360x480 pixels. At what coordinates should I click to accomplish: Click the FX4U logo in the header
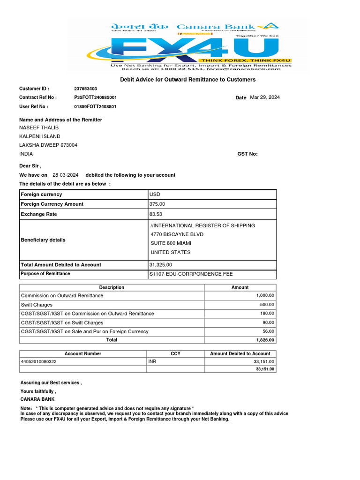tap(187, 48)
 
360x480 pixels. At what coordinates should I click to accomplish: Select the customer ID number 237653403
tap(86, 89)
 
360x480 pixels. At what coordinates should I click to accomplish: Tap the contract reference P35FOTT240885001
tap(96, 97)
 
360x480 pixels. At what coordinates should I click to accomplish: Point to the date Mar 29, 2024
tap(265, 97)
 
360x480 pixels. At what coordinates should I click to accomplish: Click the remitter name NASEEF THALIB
tap(39, 128)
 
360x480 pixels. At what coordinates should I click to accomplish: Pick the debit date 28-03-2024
tap(66, 175)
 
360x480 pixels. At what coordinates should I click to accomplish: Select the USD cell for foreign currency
tap(155, 195)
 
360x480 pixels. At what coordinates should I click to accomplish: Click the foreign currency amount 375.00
tap(157, 204)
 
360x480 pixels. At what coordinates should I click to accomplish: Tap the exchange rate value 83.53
tap(156, 214)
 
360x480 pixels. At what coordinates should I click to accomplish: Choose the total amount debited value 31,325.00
tap(161, 265)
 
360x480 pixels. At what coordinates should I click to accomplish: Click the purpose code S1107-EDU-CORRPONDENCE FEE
tap(191, 274)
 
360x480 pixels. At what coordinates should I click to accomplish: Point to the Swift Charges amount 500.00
tap(267, 305)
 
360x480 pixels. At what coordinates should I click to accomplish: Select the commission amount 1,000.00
tap(265, 296)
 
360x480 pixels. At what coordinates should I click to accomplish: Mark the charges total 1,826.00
tap(265, 340)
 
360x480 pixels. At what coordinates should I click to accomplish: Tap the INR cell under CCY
tap(152, 362)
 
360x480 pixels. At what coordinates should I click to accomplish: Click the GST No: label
tap(248, 154)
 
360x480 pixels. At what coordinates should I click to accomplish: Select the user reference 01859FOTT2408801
tap(95, 106)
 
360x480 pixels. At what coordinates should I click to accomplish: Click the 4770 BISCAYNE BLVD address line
tap(177, 234)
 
